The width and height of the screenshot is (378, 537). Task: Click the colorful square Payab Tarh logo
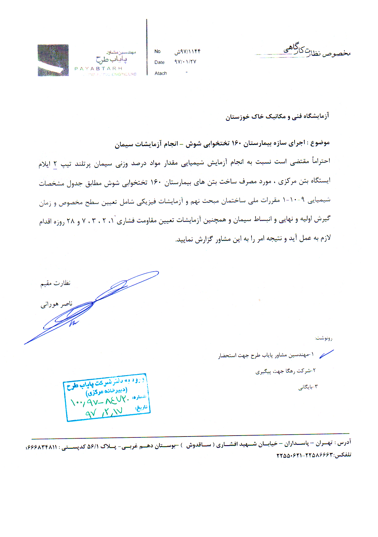53,60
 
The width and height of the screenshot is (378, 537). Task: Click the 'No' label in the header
157,51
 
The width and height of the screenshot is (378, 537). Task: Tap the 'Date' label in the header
159,62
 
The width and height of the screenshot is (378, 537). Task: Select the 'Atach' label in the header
161,73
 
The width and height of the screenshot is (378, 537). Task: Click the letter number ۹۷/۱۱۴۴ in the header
187,51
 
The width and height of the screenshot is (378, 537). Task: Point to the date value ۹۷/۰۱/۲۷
185,62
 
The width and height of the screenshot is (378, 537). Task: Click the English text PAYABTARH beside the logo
99,68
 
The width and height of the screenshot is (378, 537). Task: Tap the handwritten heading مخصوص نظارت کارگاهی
317,51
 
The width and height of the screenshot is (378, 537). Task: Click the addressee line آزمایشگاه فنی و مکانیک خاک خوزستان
277,116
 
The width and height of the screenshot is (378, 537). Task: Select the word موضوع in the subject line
320,143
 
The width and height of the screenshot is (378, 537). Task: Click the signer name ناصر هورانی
56,305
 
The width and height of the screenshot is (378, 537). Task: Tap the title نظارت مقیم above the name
55,283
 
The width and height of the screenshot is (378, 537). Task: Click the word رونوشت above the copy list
324,338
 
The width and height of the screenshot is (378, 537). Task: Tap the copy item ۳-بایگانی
308,387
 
